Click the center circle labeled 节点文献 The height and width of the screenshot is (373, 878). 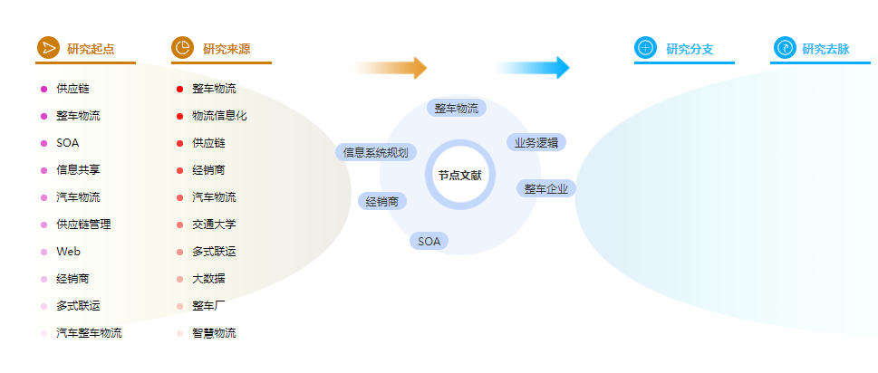(459, 175)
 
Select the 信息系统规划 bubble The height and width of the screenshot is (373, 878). (376, 152)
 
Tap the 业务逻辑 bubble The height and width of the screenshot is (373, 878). (536, 142)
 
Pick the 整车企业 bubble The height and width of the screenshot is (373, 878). (546, 188)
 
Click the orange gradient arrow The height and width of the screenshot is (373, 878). (389, 68)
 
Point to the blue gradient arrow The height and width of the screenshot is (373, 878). (531, 68)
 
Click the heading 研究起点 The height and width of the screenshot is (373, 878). (91, 49)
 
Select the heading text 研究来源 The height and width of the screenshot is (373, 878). (227, 49)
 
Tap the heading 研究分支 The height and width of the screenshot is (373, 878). (690, 49)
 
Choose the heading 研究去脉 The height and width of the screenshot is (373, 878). (826, 49)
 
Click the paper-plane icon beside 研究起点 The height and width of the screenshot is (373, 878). (48, 48)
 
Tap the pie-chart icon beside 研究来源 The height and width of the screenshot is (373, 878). (182, 48)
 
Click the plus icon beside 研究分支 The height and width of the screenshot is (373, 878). (646, 48)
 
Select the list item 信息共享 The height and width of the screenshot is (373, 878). (79, 170)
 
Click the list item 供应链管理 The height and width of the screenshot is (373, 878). (83, 225)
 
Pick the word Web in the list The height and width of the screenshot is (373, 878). (68, 252)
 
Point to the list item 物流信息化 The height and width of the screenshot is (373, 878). (219, 116)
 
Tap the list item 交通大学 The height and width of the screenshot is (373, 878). (215, 225)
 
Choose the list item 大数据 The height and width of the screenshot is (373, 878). (209, 279)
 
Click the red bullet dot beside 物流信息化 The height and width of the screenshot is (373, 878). (179, 116)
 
